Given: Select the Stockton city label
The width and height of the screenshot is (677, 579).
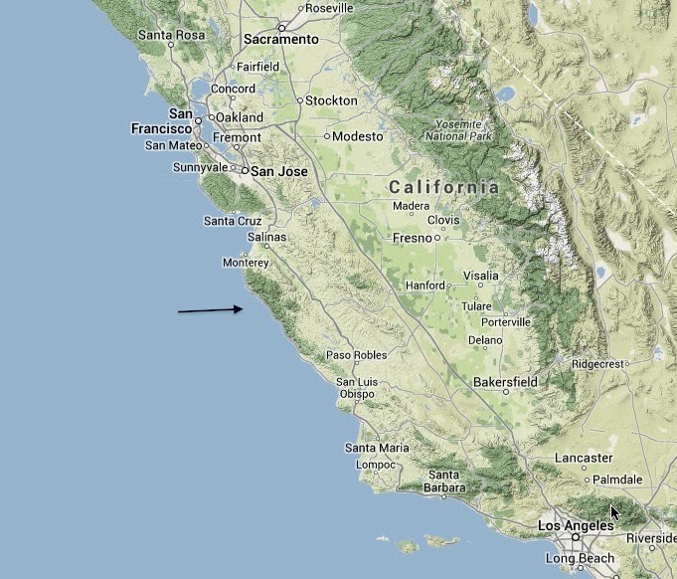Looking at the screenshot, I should [x=332, y=100].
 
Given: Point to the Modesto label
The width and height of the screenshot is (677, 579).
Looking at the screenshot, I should [x=357, y=136].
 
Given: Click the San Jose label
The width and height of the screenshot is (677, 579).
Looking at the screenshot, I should [x=278, y=171].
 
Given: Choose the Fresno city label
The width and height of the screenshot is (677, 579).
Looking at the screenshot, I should [x=411, y=239].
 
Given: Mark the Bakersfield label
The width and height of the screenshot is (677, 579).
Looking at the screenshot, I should [x=505, y=381].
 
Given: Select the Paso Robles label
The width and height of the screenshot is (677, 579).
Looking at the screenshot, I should [x=357, y=355].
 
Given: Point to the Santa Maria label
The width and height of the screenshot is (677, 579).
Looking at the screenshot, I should [x=377, y=448].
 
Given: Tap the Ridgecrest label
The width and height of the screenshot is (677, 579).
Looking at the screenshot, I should [x=596, y=364].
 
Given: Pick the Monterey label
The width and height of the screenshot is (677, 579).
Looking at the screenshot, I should [x=246, y=263].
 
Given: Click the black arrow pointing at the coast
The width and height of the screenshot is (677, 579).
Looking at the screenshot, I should [x=211, y=310].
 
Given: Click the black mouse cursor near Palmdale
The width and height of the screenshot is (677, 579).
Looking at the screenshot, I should [x=615, y=512].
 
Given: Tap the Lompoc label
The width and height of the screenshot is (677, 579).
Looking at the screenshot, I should [x=376, y=465].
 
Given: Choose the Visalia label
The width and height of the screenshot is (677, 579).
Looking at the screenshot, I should [x=480, y=276].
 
